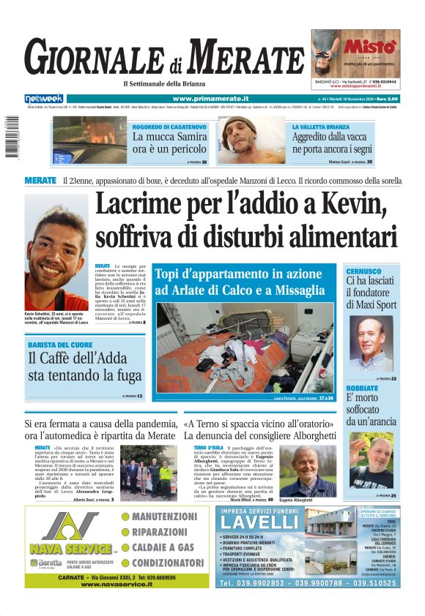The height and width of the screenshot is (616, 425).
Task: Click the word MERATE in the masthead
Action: click(x=249, y=57)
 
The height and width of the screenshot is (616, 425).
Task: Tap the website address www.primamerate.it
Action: click(x=210, y=98)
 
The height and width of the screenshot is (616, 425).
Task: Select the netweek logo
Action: click(x=44, y=98)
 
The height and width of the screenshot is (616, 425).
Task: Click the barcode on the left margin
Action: click(x=10, y=136)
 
